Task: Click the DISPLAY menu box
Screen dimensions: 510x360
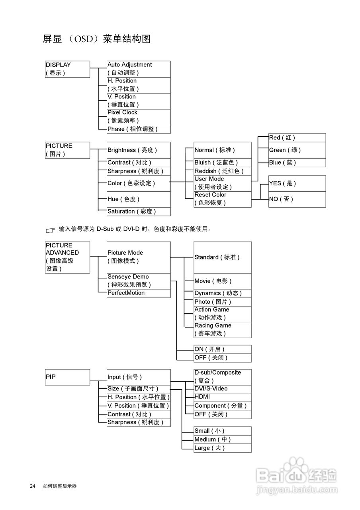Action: coord(67,69)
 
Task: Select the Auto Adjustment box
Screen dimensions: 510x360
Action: coord(138,69)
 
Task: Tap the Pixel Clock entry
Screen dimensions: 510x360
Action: coord(138,117)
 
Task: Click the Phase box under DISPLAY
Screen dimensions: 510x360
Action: coord(138,129)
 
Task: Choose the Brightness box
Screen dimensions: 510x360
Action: coord(138,150)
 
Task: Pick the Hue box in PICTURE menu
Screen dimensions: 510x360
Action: coord(138,199)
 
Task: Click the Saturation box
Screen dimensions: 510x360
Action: coord(138,212)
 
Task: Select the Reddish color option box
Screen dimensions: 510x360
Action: coord(222,171)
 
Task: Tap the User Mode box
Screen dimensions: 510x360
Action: coord(222,183)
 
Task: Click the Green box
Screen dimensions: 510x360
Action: coord(297,150)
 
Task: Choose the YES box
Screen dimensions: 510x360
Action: coord(297,183)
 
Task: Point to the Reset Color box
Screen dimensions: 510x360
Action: coord(222,199)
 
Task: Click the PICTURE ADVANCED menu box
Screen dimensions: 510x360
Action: coord(67,257)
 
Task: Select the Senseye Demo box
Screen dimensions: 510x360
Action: coord(138,280)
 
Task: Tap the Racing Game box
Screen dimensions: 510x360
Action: coord(222,330)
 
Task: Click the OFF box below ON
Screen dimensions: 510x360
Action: coord(222,358)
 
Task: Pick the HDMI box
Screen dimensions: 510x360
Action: coord(222,397)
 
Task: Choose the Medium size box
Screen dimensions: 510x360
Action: coord(222,439)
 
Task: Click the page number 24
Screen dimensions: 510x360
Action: coord(32,486)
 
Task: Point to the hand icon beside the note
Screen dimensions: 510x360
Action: coord(51,230)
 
